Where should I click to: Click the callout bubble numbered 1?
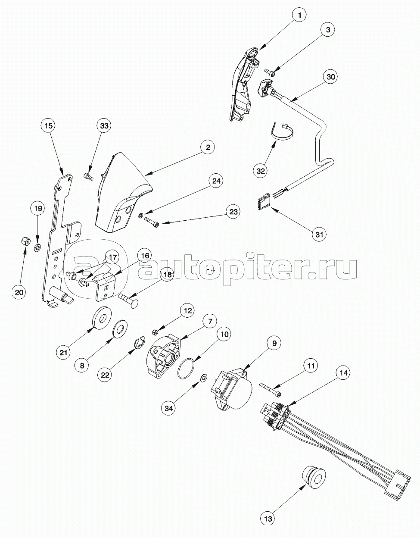coord(300,15)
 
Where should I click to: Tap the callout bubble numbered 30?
coord(330,77)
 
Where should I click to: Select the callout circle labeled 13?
coord(268,519)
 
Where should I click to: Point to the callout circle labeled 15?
coord(49,126)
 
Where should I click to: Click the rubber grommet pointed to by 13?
coord(313,477)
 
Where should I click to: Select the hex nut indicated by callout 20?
coord(25,241)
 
